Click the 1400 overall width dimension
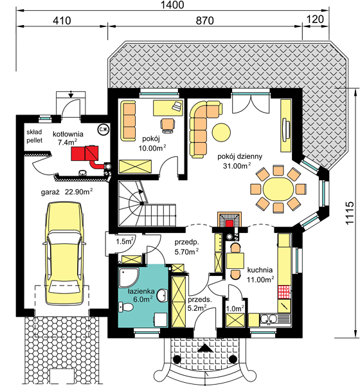[x=172, y=5]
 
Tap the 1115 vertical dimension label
[x=350, y=214]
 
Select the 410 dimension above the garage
[x=62, y=21]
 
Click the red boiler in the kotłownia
[x=85, y=153]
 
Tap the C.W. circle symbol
[x=104, y=130]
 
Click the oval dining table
[x=278, y=189]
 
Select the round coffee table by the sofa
[x=221, y=132]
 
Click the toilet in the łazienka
[x=126, y=308]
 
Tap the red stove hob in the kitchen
[x=284, y=292]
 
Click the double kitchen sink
[x=269, y=319]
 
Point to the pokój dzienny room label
[x=240, y=156]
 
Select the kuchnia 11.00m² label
[x=260, y=275]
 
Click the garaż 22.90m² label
[x=67, y=192]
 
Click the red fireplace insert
[x=230, y=223]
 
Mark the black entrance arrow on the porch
[x=204, y=348]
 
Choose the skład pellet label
[x=35, y=136]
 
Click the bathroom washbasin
[x=161, y=295]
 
